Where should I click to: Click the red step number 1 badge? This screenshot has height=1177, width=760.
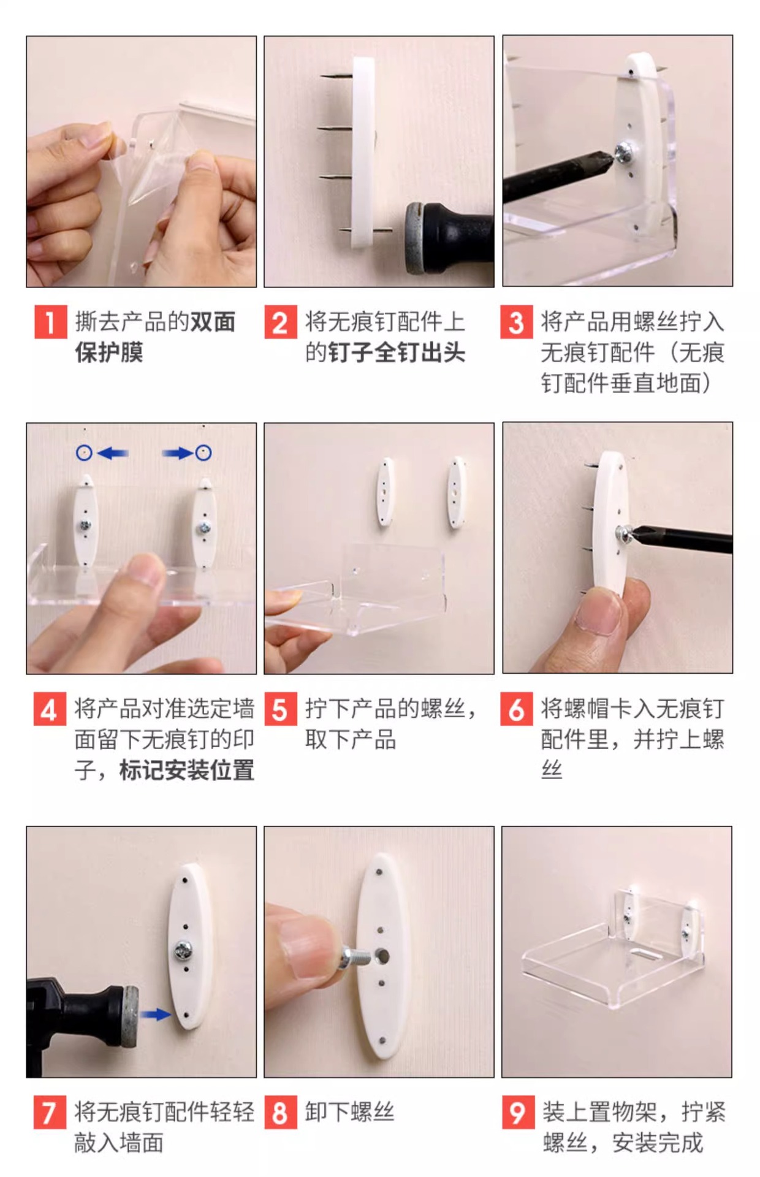[x=50, y=322]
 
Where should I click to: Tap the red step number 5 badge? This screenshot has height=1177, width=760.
[x=281, y=709]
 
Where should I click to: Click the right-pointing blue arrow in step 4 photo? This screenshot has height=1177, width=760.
[x=178, y=453]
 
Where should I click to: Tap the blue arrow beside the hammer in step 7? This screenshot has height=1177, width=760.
[x=156, y=1014]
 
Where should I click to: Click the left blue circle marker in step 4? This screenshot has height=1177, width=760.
[x=84, y=453]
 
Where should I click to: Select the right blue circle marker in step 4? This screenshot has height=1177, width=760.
[x=203, y=453]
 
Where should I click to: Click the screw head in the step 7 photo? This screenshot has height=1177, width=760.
[x=183, y=950]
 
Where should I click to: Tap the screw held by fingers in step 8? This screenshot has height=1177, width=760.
[x=354, y=956]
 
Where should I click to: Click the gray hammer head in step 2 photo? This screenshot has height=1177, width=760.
[x=417, y=238]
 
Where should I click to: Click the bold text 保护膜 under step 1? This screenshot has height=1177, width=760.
[x=109, y=352]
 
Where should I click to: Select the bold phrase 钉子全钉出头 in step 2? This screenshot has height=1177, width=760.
[x=397, y=352]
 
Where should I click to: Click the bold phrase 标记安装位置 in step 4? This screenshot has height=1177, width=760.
[x=187, y=771]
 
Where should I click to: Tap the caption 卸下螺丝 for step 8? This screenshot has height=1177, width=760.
[x=350, y=1112]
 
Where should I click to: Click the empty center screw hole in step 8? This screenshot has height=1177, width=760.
[x=382, y=956]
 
